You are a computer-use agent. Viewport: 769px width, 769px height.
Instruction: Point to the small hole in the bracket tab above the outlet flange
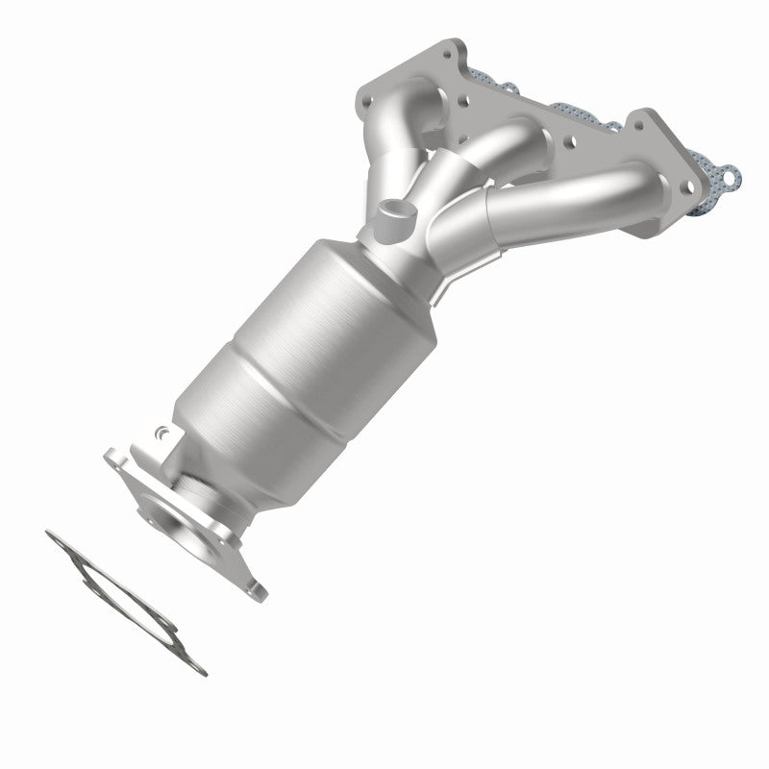161,435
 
